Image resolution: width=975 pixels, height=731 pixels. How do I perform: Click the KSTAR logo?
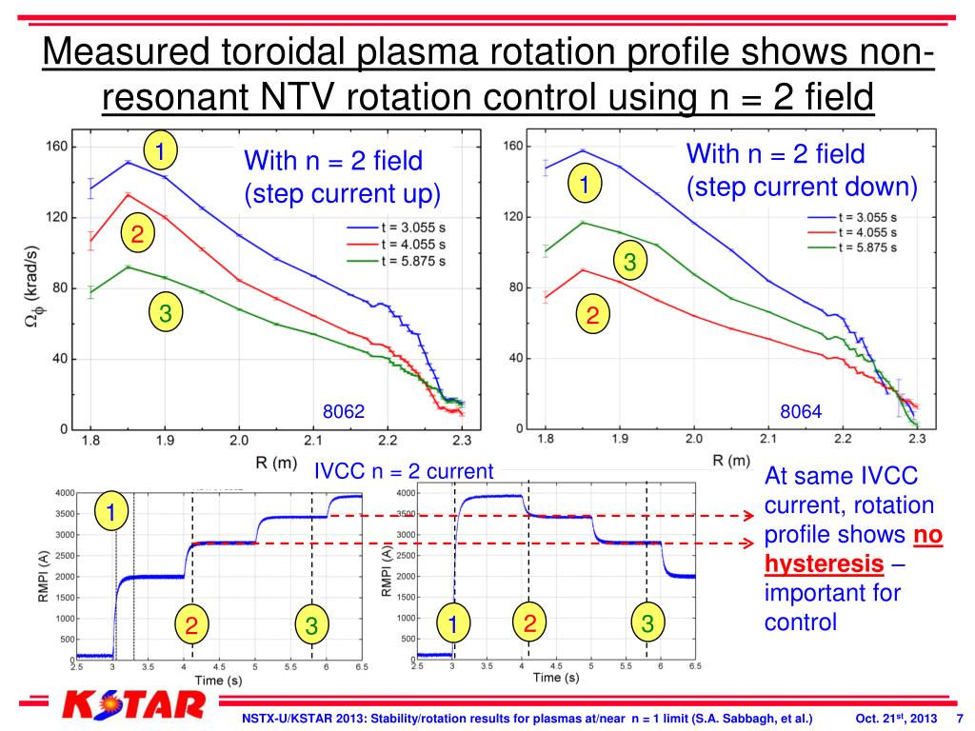point(133,706)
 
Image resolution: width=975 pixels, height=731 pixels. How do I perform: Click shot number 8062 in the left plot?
point(344,412)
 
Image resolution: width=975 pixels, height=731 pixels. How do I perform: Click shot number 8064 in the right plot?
point(800,412)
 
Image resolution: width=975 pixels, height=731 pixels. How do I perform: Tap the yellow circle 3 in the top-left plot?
point(165,314)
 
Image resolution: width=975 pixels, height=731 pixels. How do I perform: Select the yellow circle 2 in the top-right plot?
point(591,315)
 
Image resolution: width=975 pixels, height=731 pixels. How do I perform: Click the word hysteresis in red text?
point(824,563)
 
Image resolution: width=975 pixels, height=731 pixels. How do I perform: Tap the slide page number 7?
point(960,717)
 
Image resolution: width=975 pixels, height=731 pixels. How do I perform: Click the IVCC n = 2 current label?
point(405,470)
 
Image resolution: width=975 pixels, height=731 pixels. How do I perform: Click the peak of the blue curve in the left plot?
point(128,162)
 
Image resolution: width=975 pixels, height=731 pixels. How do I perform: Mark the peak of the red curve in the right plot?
point(583,269)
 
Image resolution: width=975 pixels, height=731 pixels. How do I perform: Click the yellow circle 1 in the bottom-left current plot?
point(111,513)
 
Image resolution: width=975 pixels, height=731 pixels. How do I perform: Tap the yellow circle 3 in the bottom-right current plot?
point(647,623)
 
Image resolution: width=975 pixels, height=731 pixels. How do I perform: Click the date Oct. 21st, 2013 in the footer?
point(891,717)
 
